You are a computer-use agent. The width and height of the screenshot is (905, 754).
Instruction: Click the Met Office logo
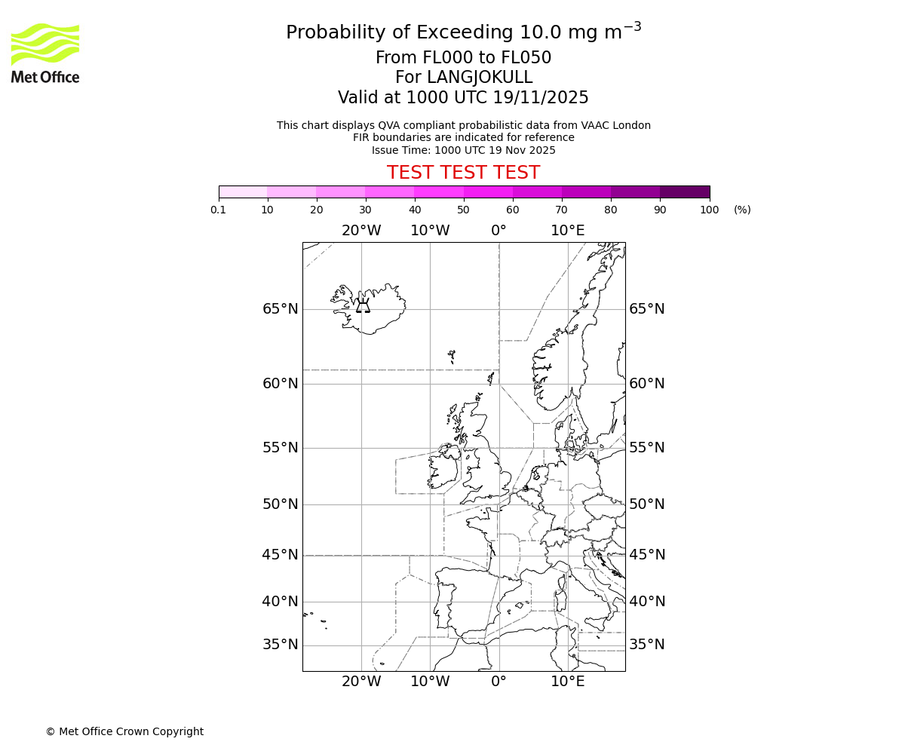(45, 53)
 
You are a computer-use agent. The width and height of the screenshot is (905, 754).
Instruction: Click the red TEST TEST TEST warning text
(463, 173)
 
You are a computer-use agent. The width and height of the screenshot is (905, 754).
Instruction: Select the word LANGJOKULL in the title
(480, 78)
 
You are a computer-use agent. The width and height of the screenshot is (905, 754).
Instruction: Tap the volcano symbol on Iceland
(363, 306)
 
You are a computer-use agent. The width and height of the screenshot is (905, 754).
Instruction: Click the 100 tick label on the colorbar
(709, 210)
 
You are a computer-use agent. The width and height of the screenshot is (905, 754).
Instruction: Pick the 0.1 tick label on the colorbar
(219, 210)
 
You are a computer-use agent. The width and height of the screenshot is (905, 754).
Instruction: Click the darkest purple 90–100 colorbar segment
(685, 192)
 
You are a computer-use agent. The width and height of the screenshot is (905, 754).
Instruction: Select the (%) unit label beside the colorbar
(742, 210)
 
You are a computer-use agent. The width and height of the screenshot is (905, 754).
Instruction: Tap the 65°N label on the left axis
(281, 309)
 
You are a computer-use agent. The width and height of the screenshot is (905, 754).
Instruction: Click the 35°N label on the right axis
(647, 645)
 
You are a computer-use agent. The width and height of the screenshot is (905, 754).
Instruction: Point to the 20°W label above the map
(361, 231)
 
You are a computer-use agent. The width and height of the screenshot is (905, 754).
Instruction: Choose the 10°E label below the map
(568, 682)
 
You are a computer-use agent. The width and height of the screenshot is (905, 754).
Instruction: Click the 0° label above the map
(499, 231)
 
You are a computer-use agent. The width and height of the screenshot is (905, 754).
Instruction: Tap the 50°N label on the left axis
(281, 504)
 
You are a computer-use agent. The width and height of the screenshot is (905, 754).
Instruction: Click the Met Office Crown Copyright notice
(124, 731)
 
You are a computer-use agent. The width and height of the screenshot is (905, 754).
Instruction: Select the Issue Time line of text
(463, 150)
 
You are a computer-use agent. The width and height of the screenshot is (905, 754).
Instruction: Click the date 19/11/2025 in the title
(541, 97)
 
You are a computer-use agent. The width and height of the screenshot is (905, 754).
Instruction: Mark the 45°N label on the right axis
(647, 555)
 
